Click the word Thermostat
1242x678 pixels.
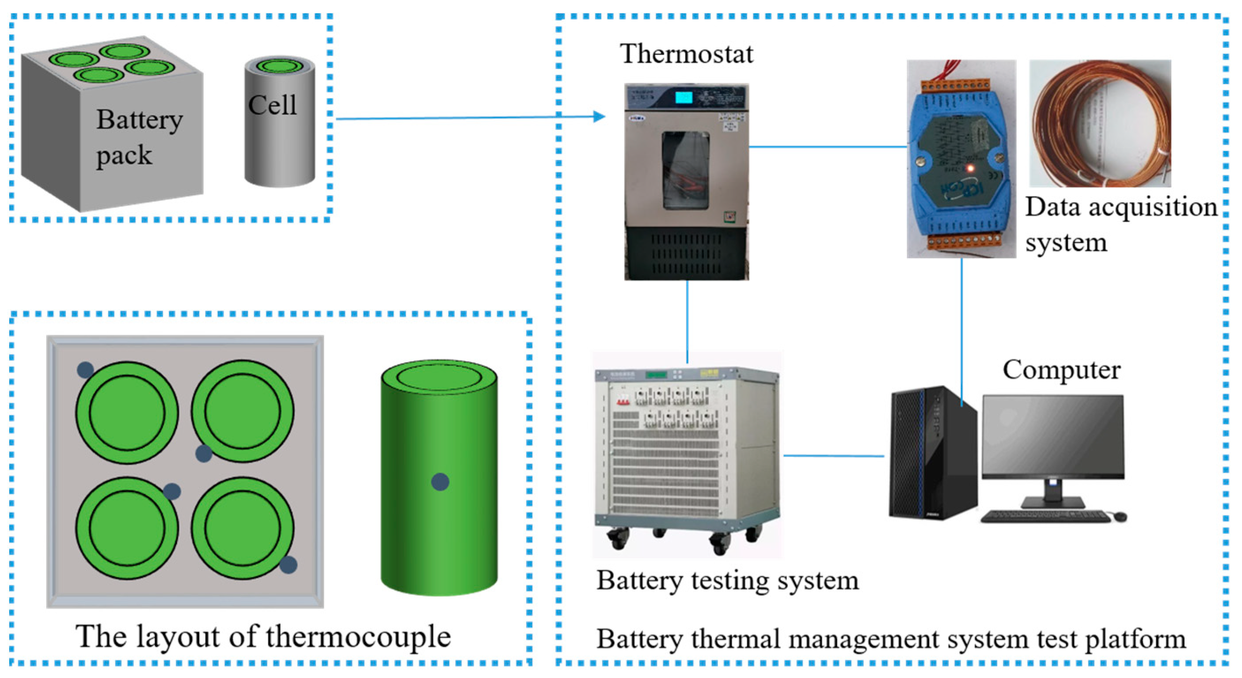coord(686,53)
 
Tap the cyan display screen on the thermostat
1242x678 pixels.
coord(684,97)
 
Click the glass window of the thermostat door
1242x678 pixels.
coord(686,170)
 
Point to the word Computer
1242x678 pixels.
coord(1061,370)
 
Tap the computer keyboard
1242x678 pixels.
coord(1045,517)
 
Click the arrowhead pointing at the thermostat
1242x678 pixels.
coord(599,116)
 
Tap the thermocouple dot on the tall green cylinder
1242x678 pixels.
coord(440,481)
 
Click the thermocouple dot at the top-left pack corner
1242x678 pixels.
coord(85,370)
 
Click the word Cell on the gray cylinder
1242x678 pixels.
coord(273,105)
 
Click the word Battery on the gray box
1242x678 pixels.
coord(139,120)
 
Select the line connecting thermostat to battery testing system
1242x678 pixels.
coord(687,320)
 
